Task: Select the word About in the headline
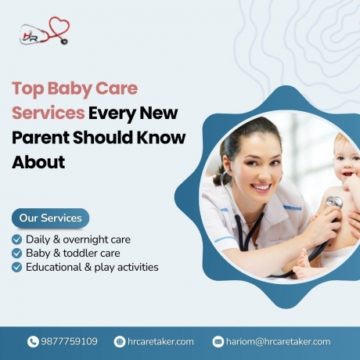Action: (38, 163)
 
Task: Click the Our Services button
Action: (50, 218)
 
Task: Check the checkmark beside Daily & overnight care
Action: (17, 239)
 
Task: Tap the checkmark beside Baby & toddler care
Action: (17, 254)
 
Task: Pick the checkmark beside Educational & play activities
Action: (17, 268)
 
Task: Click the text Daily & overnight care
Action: (78, 239)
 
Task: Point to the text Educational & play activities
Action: (92, 268)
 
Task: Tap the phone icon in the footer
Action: (33, 341)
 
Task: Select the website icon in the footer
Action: (120, 341)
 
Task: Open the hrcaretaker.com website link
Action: (160, 341)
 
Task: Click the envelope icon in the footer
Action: (218, 341)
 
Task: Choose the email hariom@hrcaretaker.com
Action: (279, 341)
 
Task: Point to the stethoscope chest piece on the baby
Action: (334, 203)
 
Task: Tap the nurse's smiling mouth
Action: (260, 189)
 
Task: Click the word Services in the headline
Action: (48, 113)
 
